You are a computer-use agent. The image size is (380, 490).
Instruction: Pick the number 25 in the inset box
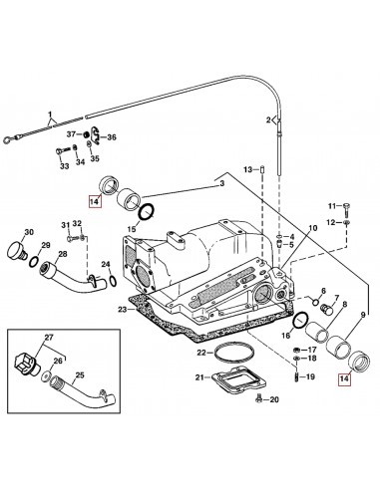point(81,375)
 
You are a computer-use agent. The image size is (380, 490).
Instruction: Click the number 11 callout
point(332,205)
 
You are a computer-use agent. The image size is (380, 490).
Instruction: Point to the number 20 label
point(275,400)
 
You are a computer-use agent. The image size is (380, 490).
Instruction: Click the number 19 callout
point(309,377)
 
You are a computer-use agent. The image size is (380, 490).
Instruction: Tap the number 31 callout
point(65,225)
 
